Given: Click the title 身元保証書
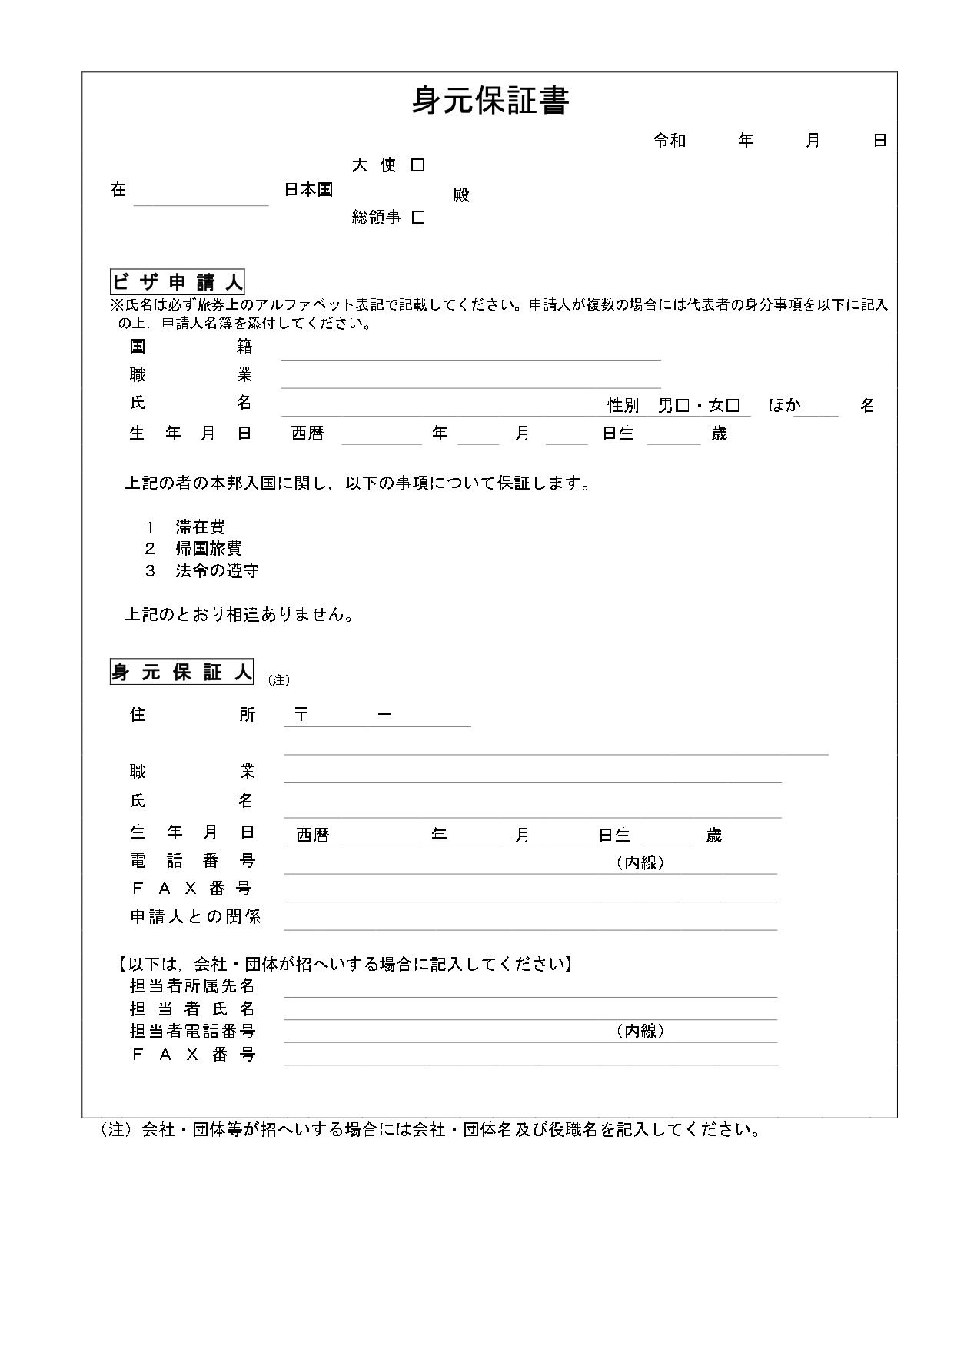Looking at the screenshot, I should click(490, 101).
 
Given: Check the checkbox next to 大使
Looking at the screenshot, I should click(417, 165).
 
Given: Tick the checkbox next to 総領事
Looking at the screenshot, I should click(418, 218).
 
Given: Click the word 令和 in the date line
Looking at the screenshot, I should click(669, 141).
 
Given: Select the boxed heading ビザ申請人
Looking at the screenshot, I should click(178, 282).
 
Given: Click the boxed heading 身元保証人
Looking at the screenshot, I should click(181, 673).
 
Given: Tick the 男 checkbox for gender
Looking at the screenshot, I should click(683, 406).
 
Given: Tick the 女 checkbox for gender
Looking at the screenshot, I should click(733, 406).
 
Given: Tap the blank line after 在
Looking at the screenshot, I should click(201, 196).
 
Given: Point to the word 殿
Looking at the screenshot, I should click(460, 195).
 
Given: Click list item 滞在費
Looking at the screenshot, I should click(200, 527).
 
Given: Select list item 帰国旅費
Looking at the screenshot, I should click(208, 549).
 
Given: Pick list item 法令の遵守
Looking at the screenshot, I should click(217, 571).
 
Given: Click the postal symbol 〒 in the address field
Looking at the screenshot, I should click(301, 715).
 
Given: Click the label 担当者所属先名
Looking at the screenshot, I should click(192, 986).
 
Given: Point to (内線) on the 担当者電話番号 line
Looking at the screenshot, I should click(640, 1032).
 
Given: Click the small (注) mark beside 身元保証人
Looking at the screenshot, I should click(278, 680).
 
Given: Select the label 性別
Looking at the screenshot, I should click(623, 406).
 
